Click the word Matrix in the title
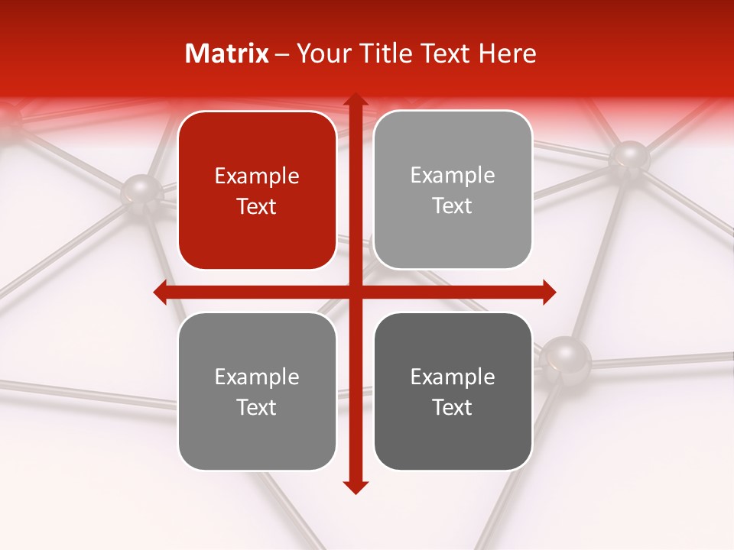pos(227,53)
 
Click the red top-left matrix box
pos(257,190)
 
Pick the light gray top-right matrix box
pos(453,190)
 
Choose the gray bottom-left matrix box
pos(257,391)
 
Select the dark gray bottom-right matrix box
pos(453,391)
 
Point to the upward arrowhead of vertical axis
pos(355,102)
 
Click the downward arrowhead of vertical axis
pos(355,487)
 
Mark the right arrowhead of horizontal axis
pos(548,292)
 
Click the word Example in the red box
pos(257,176)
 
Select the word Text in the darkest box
pos(453,407)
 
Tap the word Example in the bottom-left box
pos(257,377)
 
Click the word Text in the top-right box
pos(453,206)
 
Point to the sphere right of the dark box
pos(565,356)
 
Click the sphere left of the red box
pos(141,191)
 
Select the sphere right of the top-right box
pos(630,157)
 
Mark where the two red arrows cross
pos(355,292)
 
